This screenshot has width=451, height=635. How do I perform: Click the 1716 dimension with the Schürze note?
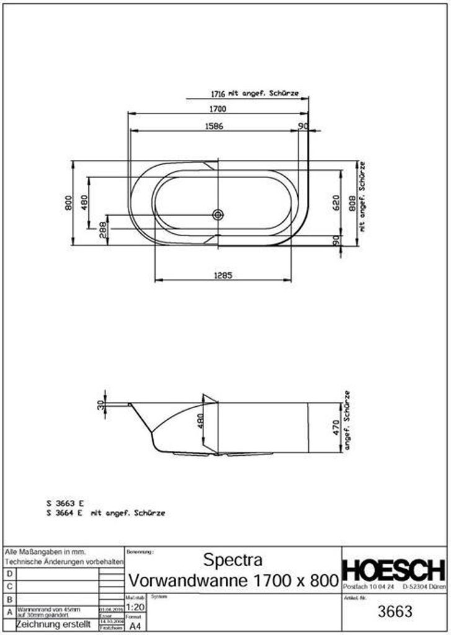click(x=216, y=94)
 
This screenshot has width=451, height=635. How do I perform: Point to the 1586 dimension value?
click(x=213, y=126)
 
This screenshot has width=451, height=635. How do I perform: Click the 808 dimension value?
click(x=351, y=205)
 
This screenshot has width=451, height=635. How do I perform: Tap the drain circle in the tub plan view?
click(x=217, y=215)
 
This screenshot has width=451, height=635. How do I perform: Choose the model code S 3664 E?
click(x=65, y=513)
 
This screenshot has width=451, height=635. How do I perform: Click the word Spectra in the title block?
click(x=233, y=560)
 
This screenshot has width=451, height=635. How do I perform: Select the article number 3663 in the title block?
click(x=395, y=611)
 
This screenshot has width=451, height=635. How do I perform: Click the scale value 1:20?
click(x=135, y=607)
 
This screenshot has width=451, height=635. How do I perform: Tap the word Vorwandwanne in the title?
click(x=184, y=581)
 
